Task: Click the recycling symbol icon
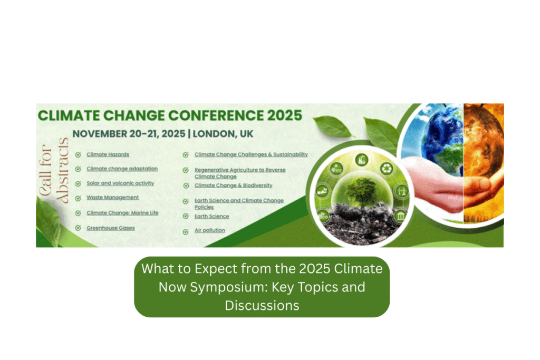pyautogui.click(x=387, y=168)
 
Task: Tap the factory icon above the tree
pyautogui.click(x=361, y=160)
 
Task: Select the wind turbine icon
pyautogui.click(x=401, y=191)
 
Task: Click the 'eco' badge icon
pyautogui.click(x=323, y=216)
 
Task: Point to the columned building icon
pyautogui.click(x=400, y=216)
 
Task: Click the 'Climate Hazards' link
pyautogui.click(x=108, y=154)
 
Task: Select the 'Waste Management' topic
pyautogui.click(x=113, y=198)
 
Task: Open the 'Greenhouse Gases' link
pyautogui.click(x=111, y=228)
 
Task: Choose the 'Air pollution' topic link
pyautogui.click(x=210, y=230)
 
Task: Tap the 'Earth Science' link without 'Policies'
pyautogui.click(x=212, y=216)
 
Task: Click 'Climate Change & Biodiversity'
pyautogui.click(x=234, y=185)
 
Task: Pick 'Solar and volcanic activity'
pyautogui.click(x=120, y=183)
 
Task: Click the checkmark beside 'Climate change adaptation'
pyautogui.click(x=78, y=169)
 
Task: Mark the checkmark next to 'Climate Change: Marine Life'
pyautogui.click(x=78, y=213)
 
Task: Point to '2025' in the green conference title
pyautogui.click(x=284, y=115)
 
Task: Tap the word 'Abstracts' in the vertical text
pyautogui.click(x=63, y=170)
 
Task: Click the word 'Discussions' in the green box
pyautogui.click(x=262, y=306)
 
